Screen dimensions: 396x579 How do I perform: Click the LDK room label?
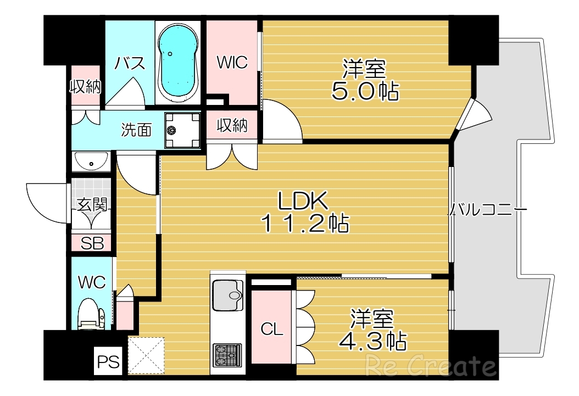(303, 202)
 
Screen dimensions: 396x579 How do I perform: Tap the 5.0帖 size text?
(365, 91)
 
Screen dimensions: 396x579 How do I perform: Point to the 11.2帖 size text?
(304, 223)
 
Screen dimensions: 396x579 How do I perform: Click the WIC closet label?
(232, 62)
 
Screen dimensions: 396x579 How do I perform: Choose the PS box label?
(108, 362)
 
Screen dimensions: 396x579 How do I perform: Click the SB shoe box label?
(92, 243)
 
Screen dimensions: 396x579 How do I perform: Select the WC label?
(91, 282)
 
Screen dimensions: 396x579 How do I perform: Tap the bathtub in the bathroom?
(178, 62)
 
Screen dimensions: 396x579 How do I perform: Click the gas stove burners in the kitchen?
(227, 354)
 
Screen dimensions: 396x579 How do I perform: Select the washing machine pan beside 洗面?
(182, 130)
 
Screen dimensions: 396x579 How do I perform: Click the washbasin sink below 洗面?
(91, 161)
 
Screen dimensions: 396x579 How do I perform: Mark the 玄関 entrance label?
(92, 205)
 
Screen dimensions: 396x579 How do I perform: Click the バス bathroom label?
(130, 63)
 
